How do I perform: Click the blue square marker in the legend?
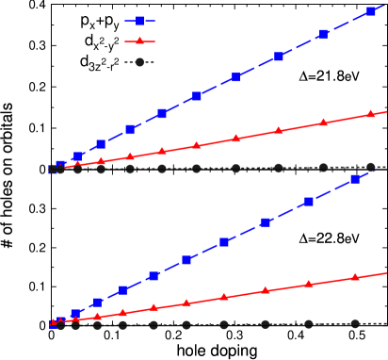[x=139, y=21]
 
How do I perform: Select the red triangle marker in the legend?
[x=139, y=41]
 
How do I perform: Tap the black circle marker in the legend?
[x=139, y=62]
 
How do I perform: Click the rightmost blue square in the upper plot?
[x=371, y=11]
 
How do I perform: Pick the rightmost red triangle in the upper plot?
[x=371, y=114]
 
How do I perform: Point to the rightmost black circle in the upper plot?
[x=371, y=167]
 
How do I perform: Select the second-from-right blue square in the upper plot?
[x=323, y=34]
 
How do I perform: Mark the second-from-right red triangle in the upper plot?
[x=323, y=123]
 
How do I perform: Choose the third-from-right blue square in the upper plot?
[x=279, y=57]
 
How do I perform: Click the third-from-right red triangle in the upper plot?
[x=279, y=131]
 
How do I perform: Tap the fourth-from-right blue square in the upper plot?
[x=236, y=77]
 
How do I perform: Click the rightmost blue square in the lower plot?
[x=355, y=179]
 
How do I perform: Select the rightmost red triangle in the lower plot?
[x=355, y=277]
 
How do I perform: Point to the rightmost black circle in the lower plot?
[x=355, y=323]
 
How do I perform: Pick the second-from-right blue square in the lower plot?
[x=309, y=202]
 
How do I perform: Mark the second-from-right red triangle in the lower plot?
[x=309, y=284]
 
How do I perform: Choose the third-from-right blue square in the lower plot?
[x=266, y=222]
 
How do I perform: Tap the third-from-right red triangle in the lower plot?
[x=266, y=290]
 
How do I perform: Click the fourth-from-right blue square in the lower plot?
[x=224, y=242]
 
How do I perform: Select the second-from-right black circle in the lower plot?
[x=309, y=323]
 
